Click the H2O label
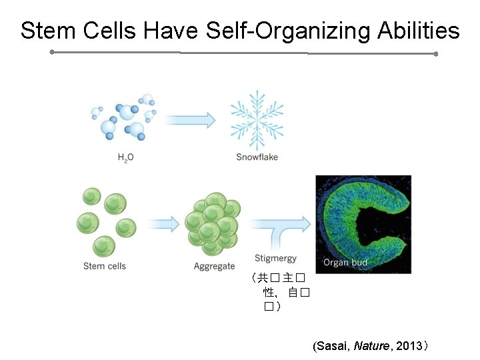tap(125, 157)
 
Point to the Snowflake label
tap(257, 157)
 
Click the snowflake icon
tap(257, 120)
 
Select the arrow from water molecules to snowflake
tap(190, 120)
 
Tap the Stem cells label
tap(105, 266)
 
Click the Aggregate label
tap(214, 267)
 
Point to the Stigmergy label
tap(275, 259)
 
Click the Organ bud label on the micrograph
tap(345, 262)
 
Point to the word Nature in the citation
tap(371, 346)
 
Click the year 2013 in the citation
tap(408, 346)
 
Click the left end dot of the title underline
tap(52, 51)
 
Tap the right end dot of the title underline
tap(435, 54)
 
